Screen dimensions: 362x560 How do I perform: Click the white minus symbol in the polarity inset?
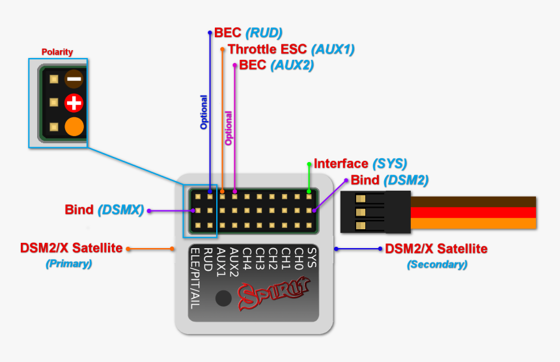(74, 79)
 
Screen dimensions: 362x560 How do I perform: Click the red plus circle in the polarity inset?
(74, 103)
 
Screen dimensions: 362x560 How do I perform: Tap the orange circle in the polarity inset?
(74, 126)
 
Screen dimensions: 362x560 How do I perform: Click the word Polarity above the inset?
(57, 52)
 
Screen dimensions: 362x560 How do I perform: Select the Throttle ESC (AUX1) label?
(291, 49)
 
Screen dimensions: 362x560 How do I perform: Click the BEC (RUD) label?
(248, 33)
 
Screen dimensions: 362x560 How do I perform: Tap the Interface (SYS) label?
(360, 163)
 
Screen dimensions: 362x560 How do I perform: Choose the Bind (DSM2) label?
(389, 180)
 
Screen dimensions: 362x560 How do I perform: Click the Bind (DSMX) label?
(104, 210)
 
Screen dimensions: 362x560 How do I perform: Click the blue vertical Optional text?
(203, 112)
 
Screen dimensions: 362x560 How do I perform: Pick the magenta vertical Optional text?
(228, 128)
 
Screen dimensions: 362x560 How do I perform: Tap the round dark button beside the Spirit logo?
(224, 298)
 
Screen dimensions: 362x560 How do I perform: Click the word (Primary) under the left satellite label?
(68, 264)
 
